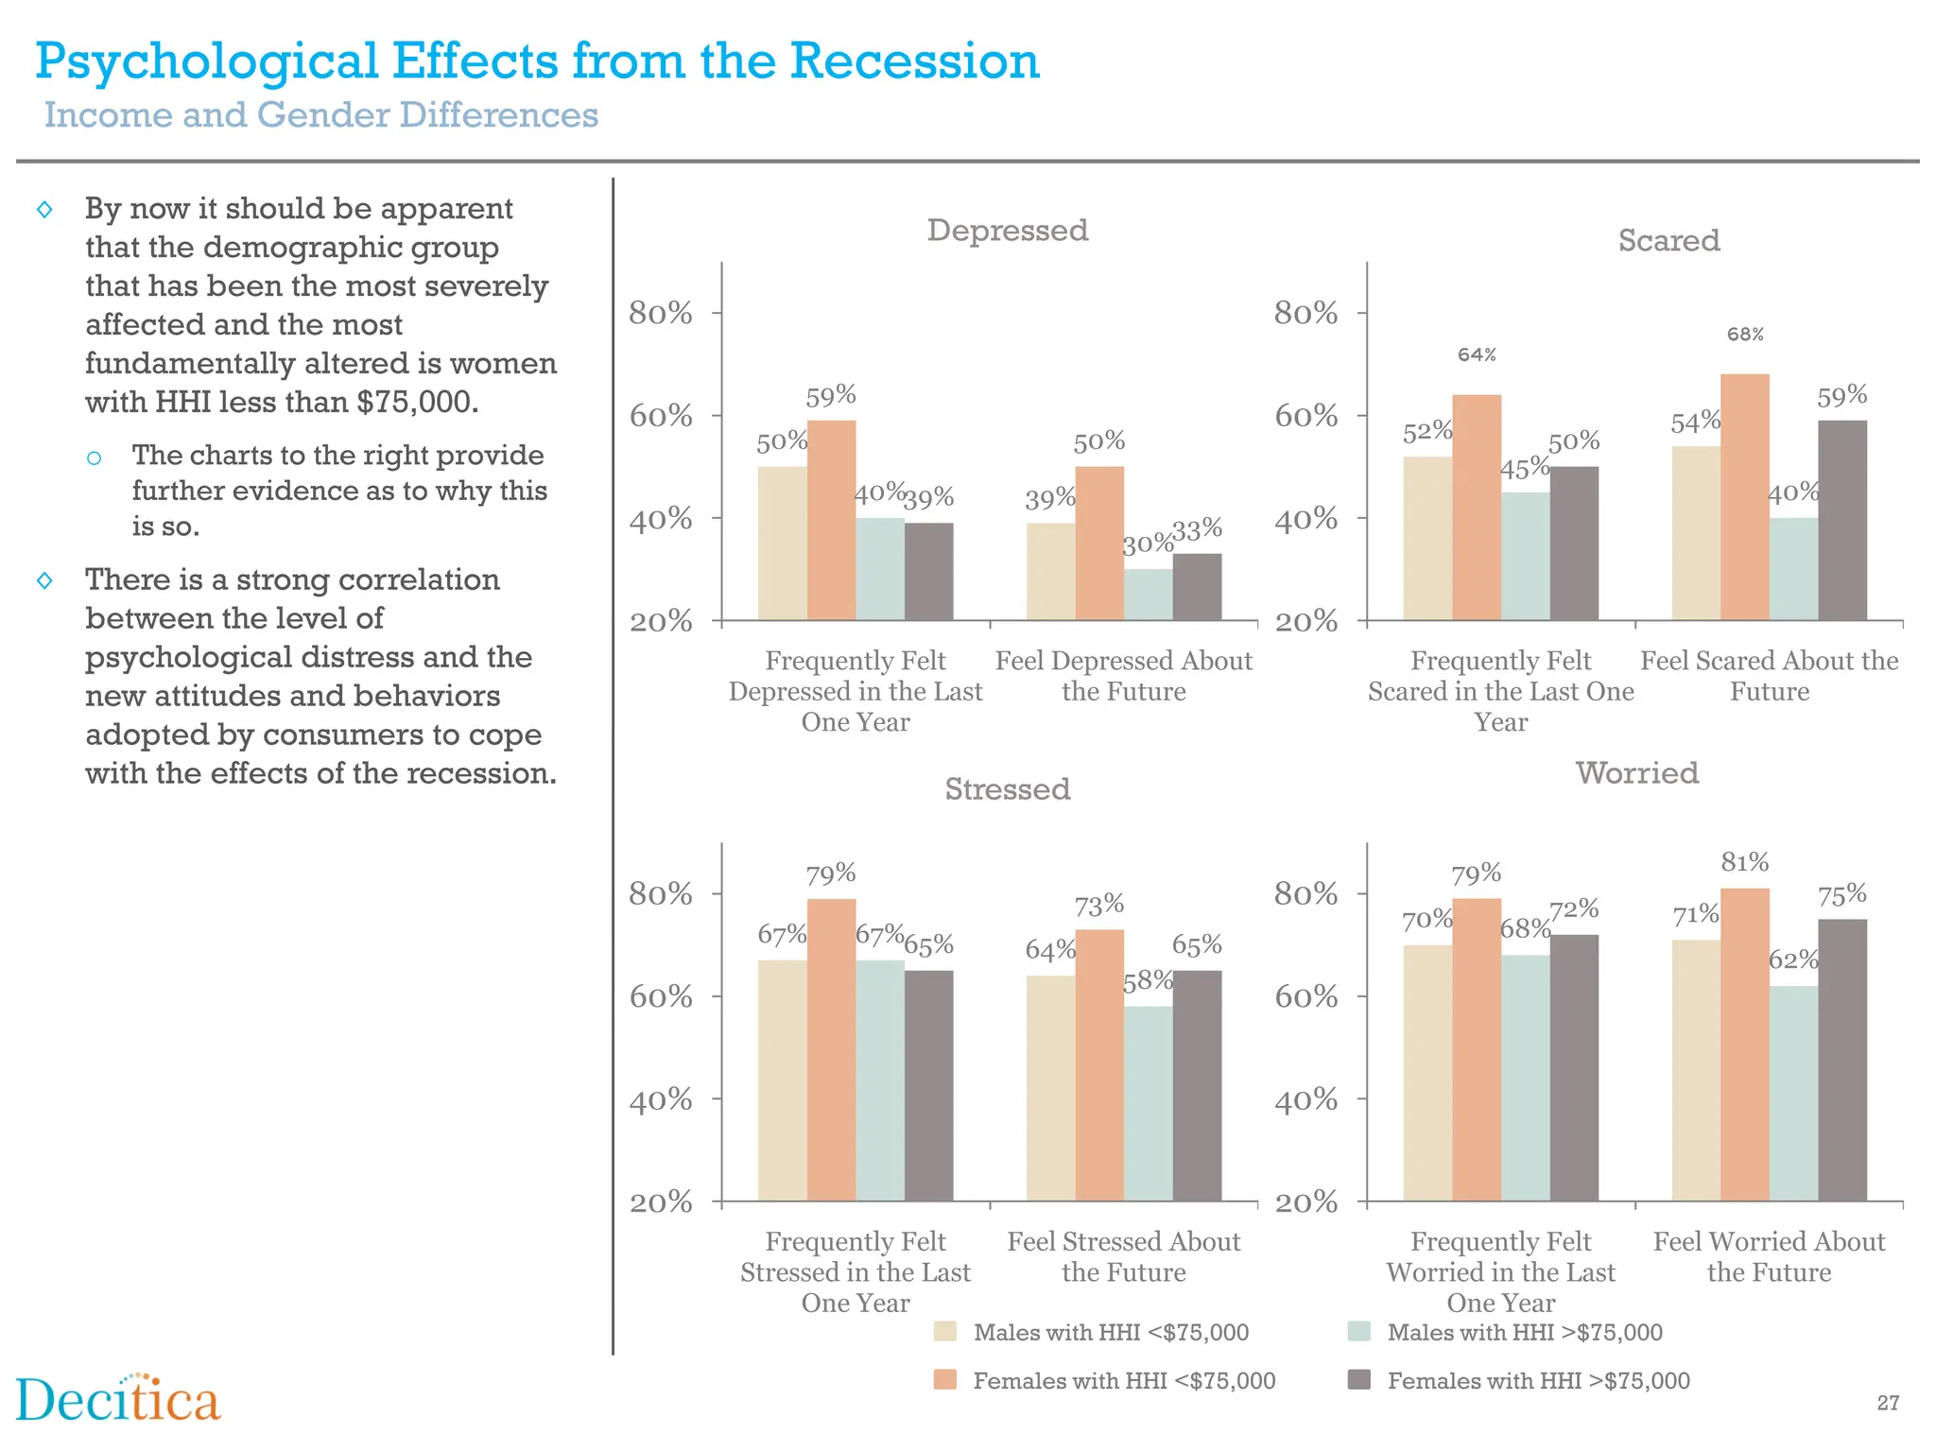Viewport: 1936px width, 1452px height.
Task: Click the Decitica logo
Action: [x=118, y=1399]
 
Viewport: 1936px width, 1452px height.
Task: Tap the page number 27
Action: [x=1887, y=1403]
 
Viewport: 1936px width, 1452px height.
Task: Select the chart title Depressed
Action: [x=1007, y=230]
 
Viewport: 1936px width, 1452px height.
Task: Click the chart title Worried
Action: [x=1636, y=772]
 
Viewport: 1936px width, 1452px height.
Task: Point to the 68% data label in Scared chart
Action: [x=1745, y=335]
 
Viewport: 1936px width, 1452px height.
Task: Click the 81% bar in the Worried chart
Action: [x=1744, y=1045]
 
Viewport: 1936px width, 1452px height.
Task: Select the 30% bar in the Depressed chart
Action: [x=1148, y=595]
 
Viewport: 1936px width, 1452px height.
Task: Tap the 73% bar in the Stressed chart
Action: [x=1099, y=1065]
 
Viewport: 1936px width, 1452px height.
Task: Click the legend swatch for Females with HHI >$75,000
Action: [x=1358, y=1379]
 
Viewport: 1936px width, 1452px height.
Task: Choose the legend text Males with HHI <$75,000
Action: [x=1111, y=1332]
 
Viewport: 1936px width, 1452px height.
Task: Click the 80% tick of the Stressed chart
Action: [x=661, y=893]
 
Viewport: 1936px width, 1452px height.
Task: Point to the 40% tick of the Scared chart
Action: [x=1305, y=519]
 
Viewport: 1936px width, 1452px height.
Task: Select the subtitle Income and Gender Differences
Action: [x=321, y=115]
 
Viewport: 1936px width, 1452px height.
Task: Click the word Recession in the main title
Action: [x=914, y=61]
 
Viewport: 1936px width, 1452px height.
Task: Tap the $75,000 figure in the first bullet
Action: [x=416, y=402]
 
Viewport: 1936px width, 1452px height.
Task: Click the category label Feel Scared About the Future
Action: [x=1769, y=676]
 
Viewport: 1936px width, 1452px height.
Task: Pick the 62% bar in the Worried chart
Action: [x=1793, y=1094]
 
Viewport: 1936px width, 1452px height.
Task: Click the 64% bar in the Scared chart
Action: [x=1476, y=508]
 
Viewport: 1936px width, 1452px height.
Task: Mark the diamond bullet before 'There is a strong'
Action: [x=44, y=579]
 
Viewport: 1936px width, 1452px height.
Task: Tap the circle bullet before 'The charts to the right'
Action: [x=94, y=458]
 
